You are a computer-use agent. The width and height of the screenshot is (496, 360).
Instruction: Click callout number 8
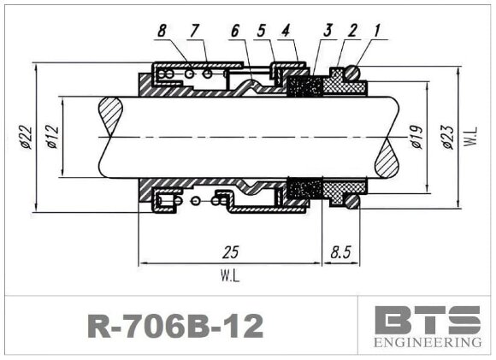click(x=162, y=32)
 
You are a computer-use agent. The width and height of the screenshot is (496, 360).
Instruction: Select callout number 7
click(x=194, y=32)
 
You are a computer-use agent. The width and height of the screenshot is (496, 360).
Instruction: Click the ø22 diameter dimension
click(x=27, y=136)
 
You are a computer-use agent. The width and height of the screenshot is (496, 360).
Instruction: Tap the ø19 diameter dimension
click(x=416, y=137)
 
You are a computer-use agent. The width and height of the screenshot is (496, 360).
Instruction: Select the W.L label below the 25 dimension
click(x=229, y=277)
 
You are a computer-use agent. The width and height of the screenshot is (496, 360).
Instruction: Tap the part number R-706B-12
click(x=175, y=326)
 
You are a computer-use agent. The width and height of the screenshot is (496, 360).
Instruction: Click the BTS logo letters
click(x=428, y=321)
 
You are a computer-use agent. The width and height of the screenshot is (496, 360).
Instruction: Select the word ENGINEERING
click(x=428, y=344)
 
